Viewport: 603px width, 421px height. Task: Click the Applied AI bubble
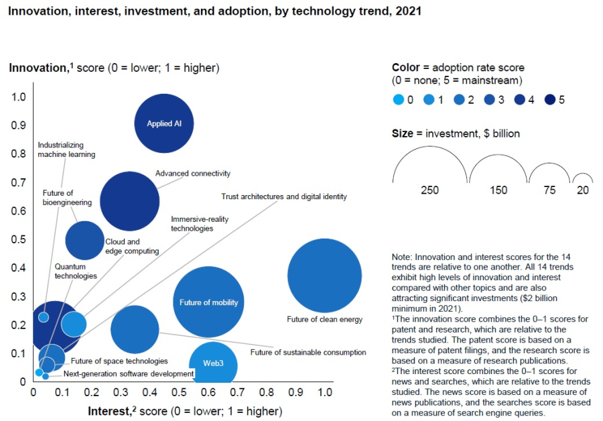[164, 123]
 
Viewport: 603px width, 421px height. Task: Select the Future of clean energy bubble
[324, 275]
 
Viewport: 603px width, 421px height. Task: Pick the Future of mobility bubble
[208, 302]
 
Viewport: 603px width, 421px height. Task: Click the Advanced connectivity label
[193, 174]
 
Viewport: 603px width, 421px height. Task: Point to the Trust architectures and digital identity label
[284, 197]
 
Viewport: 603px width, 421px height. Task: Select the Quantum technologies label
[76, 271]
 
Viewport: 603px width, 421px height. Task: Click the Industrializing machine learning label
[66, 149]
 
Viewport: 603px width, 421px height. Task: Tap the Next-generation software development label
[129, 373]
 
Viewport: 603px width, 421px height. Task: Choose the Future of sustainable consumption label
[308, 352]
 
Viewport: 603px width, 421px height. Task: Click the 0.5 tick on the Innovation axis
[18, 239]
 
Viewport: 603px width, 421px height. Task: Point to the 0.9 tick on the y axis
[18, 125]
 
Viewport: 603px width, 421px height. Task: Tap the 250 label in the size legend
[429, 190]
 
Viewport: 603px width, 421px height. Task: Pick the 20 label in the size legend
[583, 190]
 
